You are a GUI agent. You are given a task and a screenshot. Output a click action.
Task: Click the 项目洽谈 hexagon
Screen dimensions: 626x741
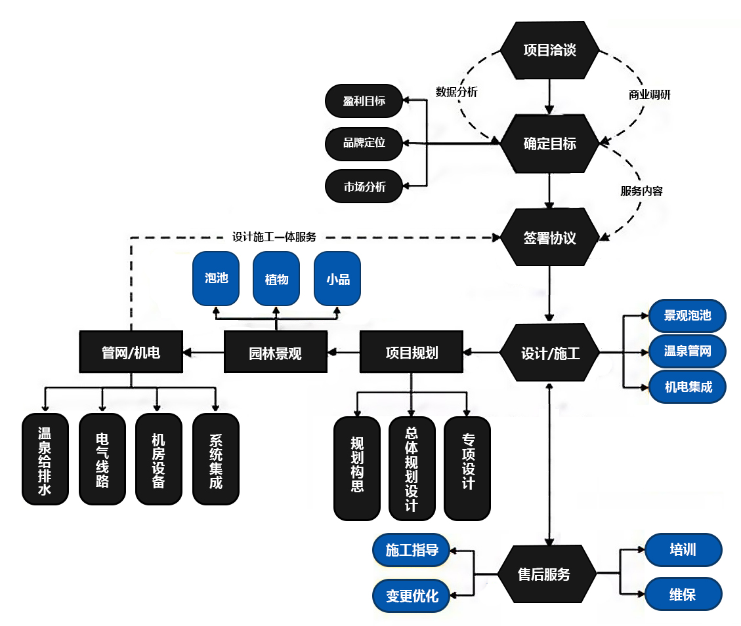point(549,50)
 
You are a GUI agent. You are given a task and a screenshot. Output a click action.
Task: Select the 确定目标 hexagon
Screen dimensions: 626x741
point(549,144)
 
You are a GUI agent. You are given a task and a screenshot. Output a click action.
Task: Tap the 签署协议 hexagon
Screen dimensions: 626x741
point(549,237)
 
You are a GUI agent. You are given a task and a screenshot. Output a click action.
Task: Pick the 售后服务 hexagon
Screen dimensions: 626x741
point(544,575)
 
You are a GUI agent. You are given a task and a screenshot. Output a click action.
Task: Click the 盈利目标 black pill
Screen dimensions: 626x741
point(364,101)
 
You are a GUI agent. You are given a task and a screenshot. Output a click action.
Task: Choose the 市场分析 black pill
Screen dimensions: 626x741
point(364,187)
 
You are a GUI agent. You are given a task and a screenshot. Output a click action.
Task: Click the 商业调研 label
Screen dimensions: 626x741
point(649,94)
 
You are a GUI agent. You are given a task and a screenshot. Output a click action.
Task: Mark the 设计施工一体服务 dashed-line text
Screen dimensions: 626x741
point(274,237)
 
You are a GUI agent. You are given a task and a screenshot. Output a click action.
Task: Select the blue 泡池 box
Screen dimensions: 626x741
point(216,279)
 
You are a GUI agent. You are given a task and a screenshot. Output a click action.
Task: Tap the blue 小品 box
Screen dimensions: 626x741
point(337,279)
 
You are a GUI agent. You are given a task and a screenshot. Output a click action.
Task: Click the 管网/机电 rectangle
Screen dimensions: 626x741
point(131,353)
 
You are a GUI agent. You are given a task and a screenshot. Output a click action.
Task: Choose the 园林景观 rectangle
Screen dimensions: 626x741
point(275,353)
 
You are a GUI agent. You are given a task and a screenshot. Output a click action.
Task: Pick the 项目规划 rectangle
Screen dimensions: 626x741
point(411,353)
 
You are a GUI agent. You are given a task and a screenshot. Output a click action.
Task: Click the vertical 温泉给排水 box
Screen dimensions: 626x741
point(45,459)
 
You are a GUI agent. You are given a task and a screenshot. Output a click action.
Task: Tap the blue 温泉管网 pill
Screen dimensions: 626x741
point(687,351)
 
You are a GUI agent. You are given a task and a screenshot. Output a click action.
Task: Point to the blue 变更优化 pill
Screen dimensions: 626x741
point(412,597)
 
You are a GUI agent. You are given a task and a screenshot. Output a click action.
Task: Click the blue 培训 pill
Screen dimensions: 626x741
point(683,549)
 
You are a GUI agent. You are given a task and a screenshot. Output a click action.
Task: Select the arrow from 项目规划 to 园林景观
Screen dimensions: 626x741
point(343,353)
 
